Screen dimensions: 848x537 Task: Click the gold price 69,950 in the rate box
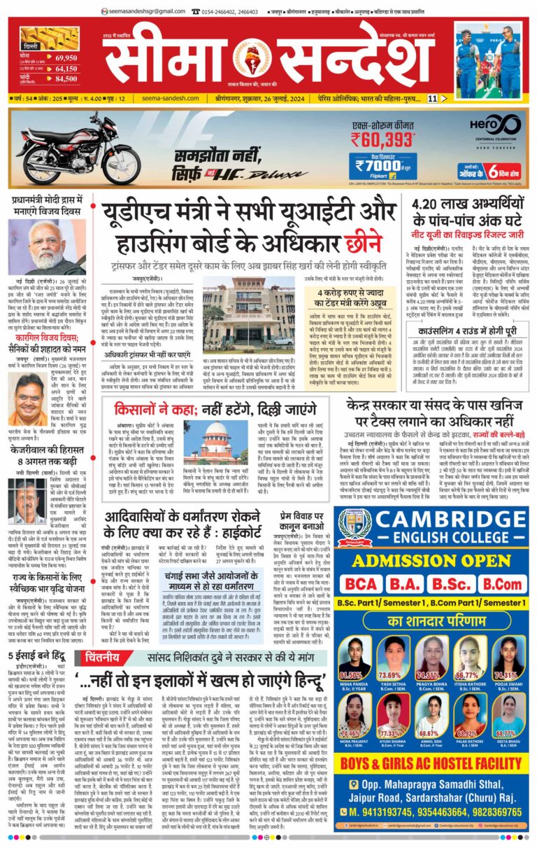point(66,57)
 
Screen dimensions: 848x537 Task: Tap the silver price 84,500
point(66,79)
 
